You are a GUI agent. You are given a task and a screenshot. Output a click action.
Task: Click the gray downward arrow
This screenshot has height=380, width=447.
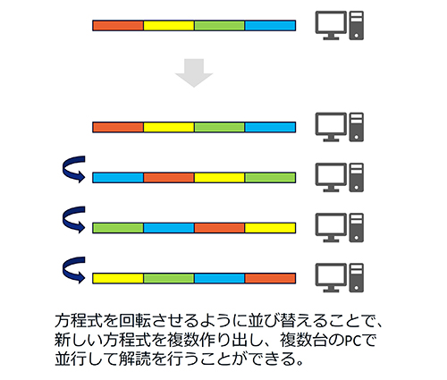(x=194, y=72)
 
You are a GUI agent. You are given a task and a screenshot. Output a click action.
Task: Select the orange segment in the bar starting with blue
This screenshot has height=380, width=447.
(x=169, y=178)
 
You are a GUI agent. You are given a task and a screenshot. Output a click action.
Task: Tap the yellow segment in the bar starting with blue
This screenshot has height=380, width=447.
(x=219, y=178)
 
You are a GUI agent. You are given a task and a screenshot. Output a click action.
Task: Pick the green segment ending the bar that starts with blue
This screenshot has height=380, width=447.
(x=270, y=178)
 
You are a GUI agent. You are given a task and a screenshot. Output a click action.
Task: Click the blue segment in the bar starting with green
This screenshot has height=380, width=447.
(x=169, y=228)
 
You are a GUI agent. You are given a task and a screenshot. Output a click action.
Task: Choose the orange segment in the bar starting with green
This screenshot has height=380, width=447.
(x=219, y=228)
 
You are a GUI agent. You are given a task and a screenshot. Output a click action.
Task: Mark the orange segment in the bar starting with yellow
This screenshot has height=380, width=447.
(x=270, y=278)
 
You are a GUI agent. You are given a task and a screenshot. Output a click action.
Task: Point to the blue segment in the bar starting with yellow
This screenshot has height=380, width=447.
(x=219, y=278)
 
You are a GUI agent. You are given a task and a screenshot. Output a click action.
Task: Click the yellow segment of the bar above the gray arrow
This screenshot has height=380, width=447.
(x=169, y=26)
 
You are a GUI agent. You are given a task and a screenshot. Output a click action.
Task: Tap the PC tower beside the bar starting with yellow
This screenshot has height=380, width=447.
(x=357, y=278)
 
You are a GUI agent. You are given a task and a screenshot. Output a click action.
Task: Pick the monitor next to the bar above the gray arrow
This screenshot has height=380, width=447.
(x=331, y=25)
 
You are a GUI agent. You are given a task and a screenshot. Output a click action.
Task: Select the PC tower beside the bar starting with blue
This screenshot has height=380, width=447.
(x=357, y=177)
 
